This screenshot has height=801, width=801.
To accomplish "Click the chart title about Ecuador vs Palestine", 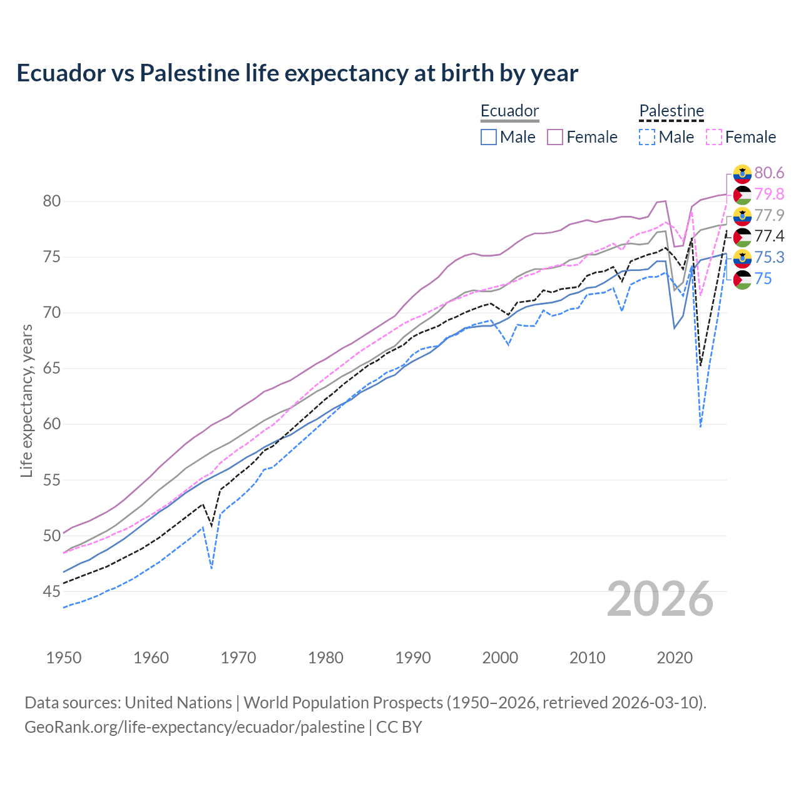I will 297,73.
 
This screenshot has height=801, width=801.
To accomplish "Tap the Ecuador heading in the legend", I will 509,111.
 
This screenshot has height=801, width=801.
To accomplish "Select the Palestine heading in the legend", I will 671,111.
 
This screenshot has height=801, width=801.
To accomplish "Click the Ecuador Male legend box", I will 489,137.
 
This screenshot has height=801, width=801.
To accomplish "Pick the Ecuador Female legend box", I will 555,137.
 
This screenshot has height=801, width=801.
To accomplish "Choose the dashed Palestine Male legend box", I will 647,137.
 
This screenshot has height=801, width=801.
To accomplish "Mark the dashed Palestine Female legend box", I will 714,137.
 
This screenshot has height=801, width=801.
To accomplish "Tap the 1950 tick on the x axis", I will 64,658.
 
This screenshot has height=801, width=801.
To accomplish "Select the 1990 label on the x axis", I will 413,658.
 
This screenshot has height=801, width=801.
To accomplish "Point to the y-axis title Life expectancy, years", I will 26,400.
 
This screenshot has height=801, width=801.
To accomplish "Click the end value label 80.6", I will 769,173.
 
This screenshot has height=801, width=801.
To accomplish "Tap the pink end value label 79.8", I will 769,194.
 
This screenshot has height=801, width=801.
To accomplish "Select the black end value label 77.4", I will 769,236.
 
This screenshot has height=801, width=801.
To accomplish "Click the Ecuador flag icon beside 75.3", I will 742,258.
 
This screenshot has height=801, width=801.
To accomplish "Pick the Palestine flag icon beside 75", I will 742,279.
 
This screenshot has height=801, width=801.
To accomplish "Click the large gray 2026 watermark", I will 660,599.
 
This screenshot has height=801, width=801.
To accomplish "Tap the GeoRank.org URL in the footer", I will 194,727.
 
